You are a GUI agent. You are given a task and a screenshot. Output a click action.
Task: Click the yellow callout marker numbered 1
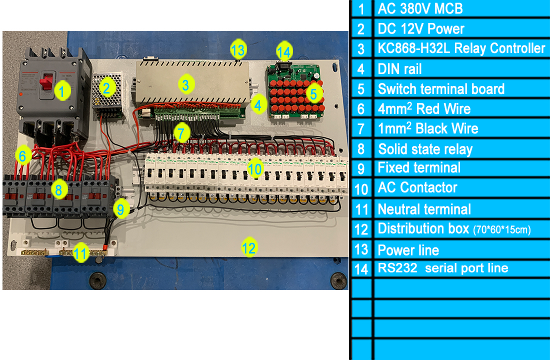click(x=62, y=91)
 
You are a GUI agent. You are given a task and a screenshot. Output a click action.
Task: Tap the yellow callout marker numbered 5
click(x=314, y=93)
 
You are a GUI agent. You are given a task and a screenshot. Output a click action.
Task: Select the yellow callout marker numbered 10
click(x=254, y=169)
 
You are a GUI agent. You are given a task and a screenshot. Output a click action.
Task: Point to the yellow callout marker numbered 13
click(x=238, y=49)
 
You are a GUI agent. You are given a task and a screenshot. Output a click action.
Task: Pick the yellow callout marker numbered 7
click(x=181, y=132)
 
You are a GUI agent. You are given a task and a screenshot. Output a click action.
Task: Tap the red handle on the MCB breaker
click(x=46, y=82)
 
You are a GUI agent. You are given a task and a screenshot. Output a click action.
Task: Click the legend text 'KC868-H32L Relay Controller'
click(x=461, y=48)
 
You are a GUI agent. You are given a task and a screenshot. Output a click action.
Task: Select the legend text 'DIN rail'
click(x=399, y=69)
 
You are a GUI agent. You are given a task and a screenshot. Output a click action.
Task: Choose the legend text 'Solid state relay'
click(x=425, y=149)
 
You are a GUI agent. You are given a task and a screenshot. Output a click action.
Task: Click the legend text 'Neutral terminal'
click(x=424, y=209)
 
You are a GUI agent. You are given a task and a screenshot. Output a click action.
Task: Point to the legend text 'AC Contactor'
click(x=417, y=187)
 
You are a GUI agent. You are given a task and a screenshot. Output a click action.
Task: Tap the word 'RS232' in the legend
click(x=397, y=268)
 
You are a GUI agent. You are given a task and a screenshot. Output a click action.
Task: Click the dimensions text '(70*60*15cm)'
click(x=501, y=230)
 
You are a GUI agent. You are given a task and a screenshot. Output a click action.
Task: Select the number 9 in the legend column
click(x=361, y=169)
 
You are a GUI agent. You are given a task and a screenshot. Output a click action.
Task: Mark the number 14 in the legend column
click(x=361, y=269)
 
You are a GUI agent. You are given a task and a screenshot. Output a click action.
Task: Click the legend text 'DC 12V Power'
click(x=421, y=29)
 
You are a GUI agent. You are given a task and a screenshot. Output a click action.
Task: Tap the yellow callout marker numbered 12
click(x=249, y=247)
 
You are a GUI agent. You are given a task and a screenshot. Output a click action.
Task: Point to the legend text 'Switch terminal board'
click(x=441, y=89)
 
